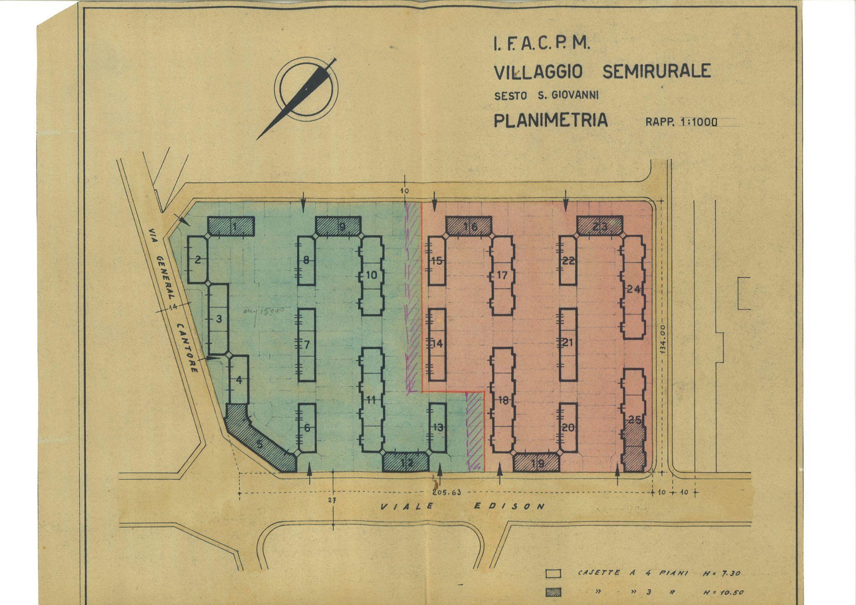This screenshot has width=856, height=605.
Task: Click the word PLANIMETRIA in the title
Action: [x=550, y=120]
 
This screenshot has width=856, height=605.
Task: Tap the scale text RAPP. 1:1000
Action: [x=681, y=122]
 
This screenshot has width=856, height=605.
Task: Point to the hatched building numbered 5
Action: [x=260, y=444]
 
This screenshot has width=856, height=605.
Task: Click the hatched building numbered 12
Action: [x=406, y=463]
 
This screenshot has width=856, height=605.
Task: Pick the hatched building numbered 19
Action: [x=536, y=463]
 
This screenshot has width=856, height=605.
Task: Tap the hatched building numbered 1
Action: [x=231, y=226]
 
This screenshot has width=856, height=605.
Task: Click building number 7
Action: [x=307, y=345]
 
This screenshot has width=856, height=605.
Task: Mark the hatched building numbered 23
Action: [x=600, y=226]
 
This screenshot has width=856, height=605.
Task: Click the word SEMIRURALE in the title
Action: [x=656, y=71]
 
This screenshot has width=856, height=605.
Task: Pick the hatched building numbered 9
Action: [x=339, y=226]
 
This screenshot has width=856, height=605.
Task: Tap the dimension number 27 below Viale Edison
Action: [x=333, y=499]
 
